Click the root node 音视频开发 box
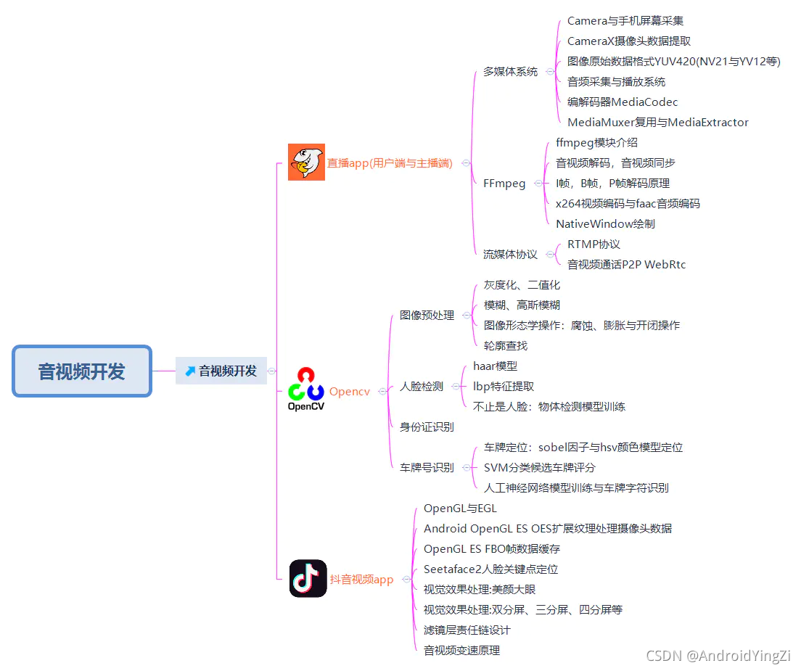(82, 371)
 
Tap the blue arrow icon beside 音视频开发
(190, 371)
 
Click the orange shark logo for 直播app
(306, 162)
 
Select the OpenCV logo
(306, 390)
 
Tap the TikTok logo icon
(308, 578)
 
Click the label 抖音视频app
(361, 580)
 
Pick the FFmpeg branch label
(504, 184)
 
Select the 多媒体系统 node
(511, 72)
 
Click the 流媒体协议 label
(511, 255)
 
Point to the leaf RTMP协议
(593, 244)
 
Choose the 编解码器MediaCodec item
(623, 102)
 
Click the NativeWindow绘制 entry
(605, 224)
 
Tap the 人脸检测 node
(422, 387)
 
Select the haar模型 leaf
(496, 366)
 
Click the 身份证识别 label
(427, 427)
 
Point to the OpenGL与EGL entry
(460, 509)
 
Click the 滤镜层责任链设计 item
(467, 630)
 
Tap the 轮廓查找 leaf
(506, 346)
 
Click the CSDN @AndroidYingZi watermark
(718, 656)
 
